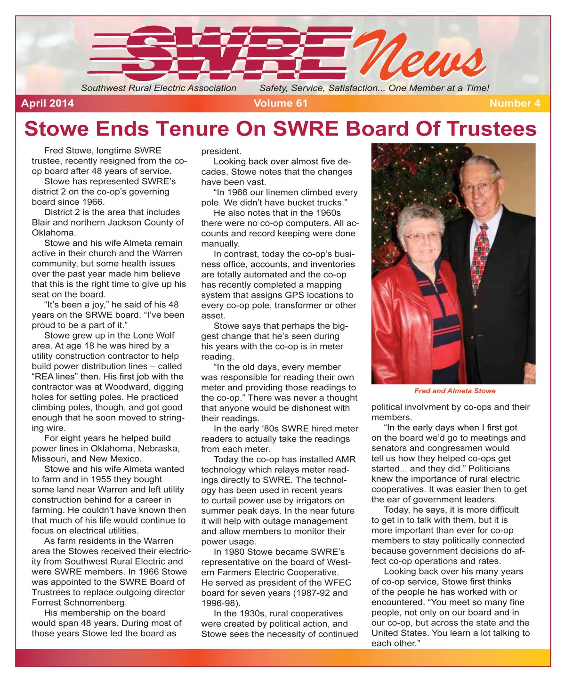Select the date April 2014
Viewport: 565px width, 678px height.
[x=48, y=103]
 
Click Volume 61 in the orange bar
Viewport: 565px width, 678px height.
[x=280, y=103]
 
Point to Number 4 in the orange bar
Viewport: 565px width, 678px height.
[x=515, y=103]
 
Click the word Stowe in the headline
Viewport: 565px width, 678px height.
[x=56, y=129]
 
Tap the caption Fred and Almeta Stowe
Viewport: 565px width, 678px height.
[x=454, y=391]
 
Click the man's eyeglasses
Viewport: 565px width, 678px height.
[x=478, y=187]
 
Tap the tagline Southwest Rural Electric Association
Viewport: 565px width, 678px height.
[x=159, y=88]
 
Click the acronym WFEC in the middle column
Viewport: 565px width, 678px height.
[x=338, y=582]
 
